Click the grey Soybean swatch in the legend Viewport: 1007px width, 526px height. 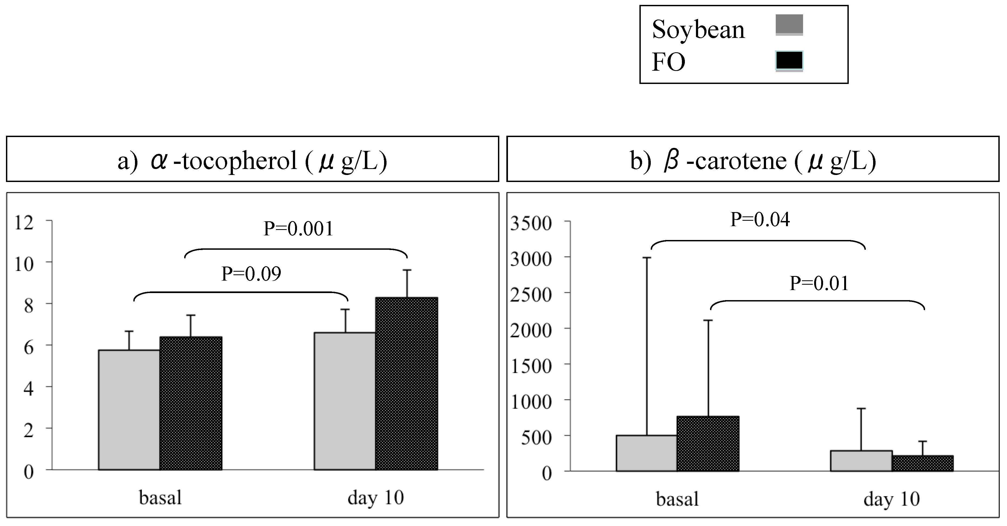(789, 25)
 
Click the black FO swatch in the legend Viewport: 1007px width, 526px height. (789, 61)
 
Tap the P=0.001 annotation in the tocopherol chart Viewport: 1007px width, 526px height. (298, 229)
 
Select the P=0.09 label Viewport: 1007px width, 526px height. (251, 274)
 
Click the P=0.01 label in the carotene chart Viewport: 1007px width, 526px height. (819, 283)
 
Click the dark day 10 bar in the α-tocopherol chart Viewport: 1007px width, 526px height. (406, 383)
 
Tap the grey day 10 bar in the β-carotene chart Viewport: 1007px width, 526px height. (861, 461)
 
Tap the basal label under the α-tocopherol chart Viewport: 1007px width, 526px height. (160, 498)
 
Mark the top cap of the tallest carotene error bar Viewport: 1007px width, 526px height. (646, 258)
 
